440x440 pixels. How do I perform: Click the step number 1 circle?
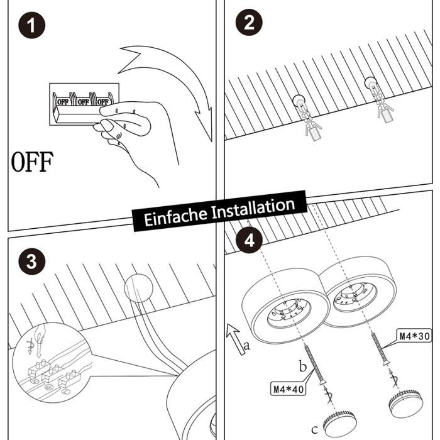point(31,25)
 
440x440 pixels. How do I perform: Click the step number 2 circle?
point(249,22)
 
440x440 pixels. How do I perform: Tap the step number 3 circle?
point(31,261)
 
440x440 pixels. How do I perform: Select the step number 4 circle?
point(249,240)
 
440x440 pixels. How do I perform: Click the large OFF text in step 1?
point(32,162)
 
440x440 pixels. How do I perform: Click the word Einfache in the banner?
point(175,216)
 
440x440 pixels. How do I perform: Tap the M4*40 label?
point(288,389)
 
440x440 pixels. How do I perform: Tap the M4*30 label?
point(414,336)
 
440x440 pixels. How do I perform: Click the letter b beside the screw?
point(302,366)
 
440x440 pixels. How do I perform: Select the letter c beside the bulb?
point(315,429)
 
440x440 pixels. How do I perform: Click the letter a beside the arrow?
point(246,346)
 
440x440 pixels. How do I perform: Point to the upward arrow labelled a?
point(236,339)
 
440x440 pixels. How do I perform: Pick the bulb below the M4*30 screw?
point(406,403)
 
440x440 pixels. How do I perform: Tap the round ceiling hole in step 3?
point(139,288)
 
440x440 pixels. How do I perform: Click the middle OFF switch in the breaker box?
point(83,101)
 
